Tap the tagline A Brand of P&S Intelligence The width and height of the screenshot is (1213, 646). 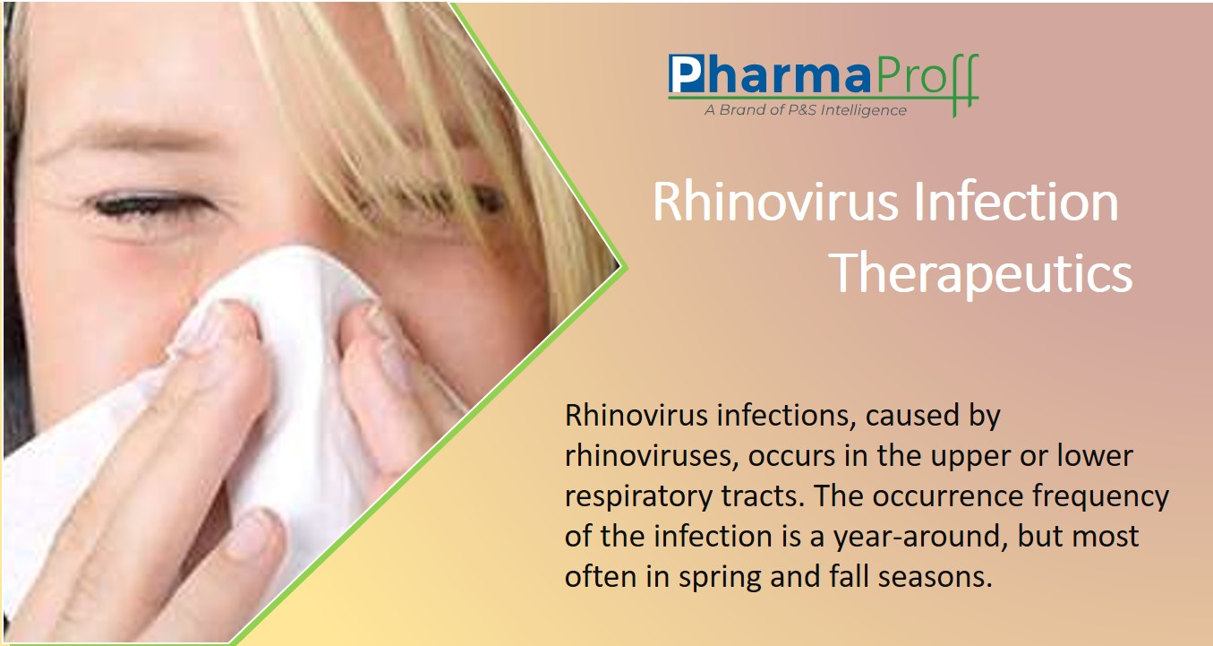806,110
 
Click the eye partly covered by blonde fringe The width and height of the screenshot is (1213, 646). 476,200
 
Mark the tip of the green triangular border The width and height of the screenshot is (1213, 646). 627,267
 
